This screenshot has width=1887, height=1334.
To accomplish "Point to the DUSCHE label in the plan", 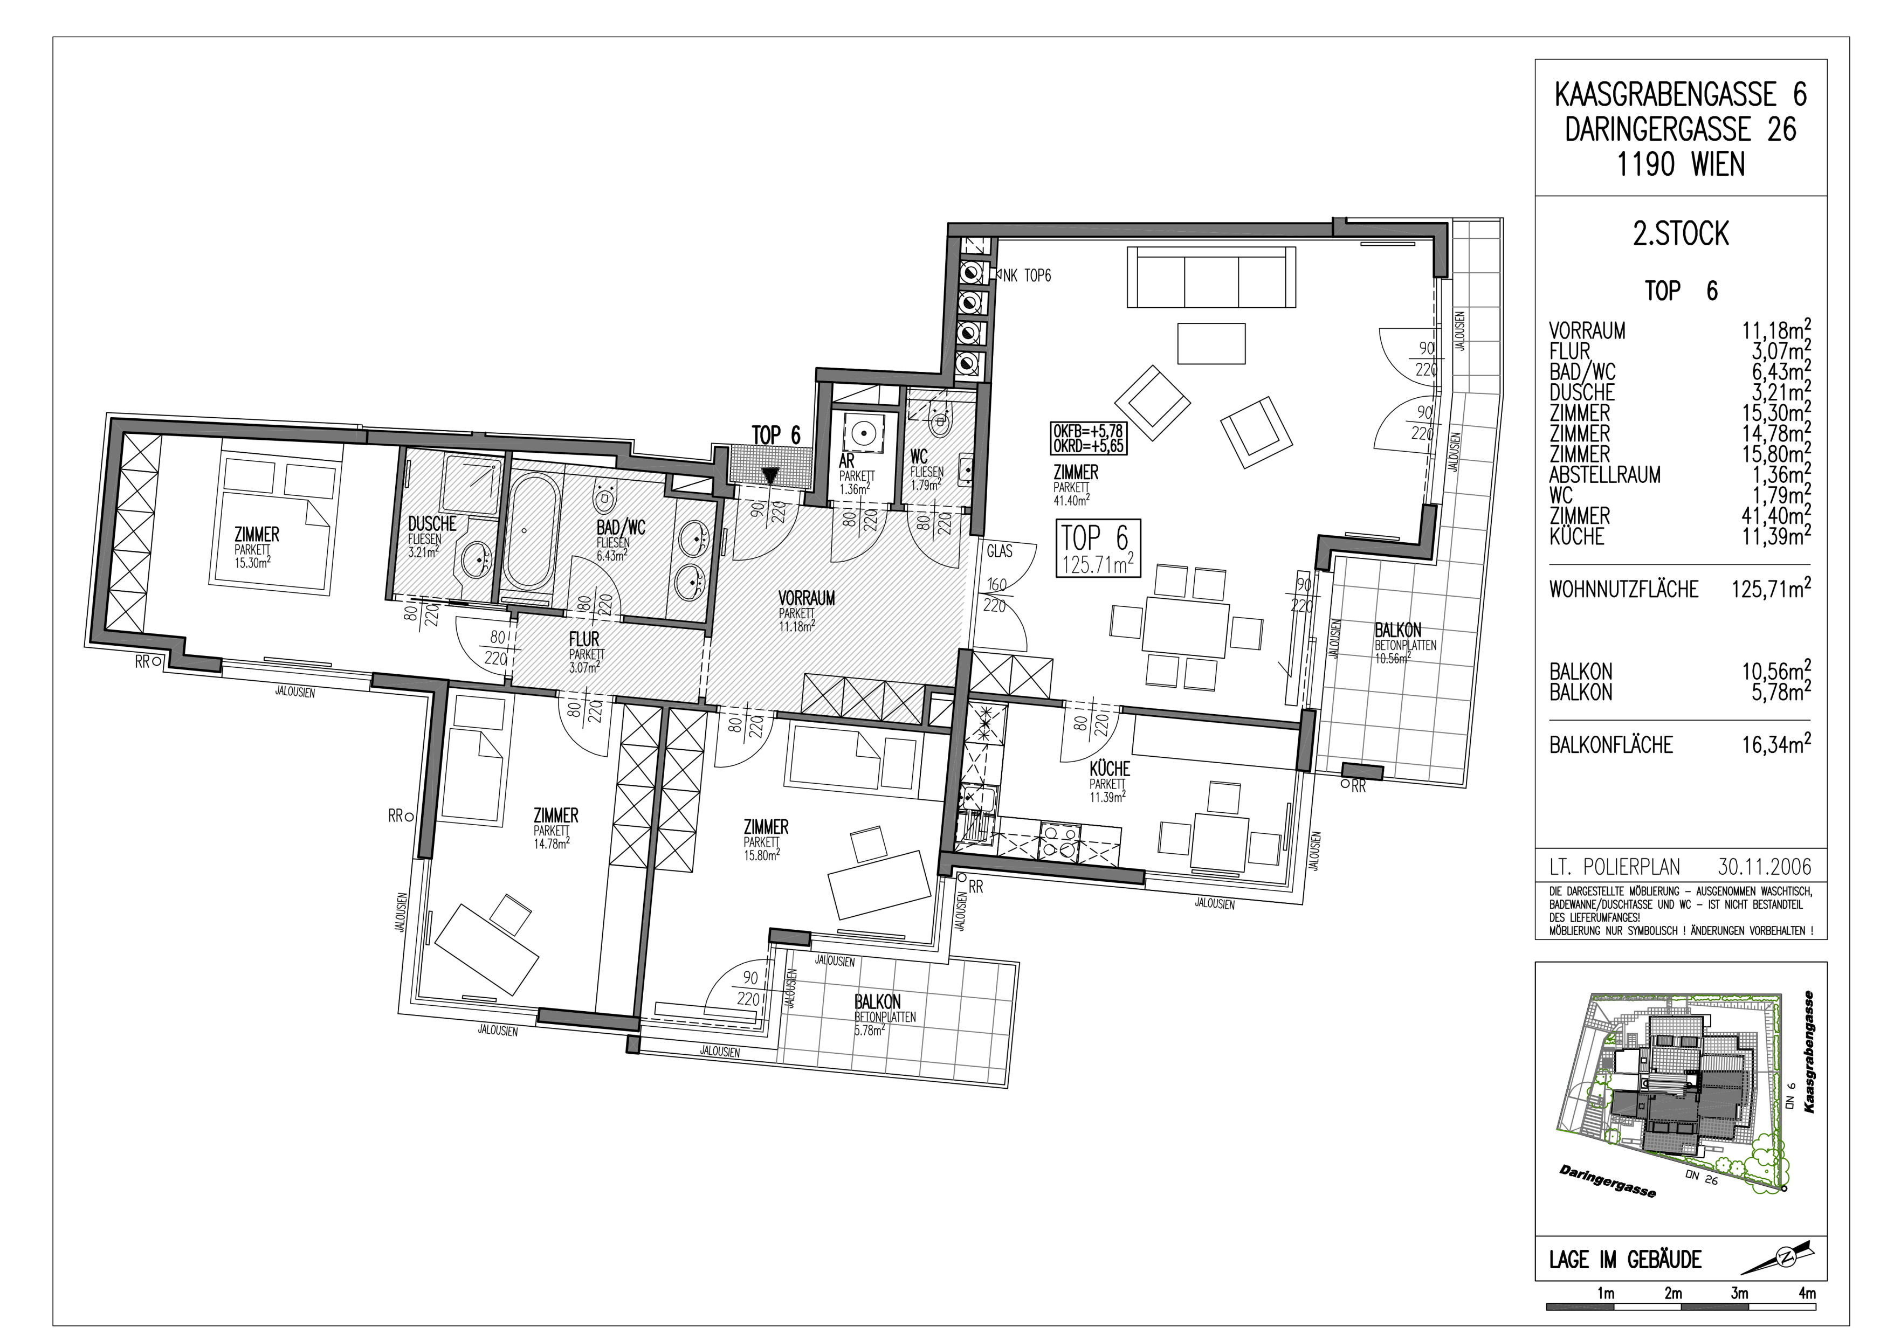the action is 431,524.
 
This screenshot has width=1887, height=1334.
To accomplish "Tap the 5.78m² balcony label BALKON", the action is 877,1001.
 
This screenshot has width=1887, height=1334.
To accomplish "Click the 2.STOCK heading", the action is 1680,234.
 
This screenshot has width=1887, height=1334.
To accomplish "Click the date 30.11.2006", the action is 1764,867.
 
